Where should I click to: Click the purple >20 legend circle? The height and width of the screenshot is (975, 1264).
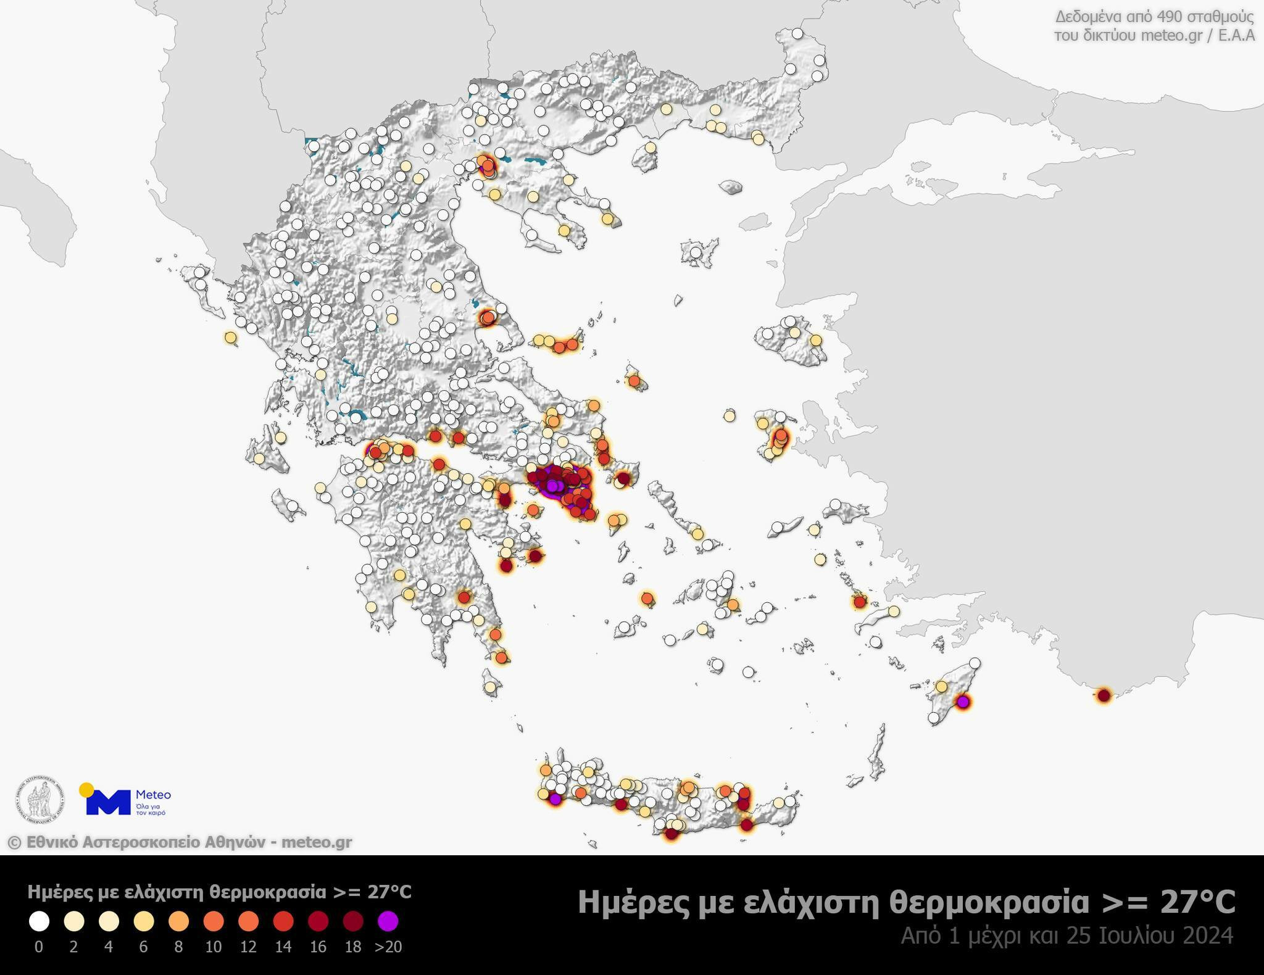coord(388,921)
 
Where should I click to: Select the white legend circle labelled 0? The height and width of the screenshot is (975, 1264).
coord(39,921)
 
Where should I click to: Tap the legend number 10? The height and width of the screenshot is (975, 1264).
coord(213,947)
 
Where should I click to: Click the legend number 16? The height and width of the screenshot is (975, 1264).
coord(318,947)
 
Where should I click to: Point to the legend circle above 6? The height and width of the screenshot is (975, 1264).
coord(143,921)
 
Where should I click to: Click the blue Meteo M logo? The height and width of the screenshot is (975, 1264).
coord(107,802)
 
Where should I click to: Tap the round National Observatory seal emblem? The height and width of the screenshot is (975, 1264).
coord(39,800)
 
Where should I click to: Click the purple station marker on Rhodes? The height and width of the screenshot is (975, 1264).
coord(962,702)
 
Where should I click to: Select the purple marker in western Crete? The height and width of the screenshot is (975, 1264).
coord(555,799)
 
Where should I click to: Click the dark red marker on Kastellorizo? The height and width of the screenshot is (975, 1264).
coord(1104,695)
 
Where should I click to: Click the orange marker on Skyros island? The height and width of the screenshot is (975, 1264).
coord(634,381)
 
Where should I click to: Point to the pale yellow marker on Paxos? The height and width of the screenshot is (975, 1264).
coord(230,337)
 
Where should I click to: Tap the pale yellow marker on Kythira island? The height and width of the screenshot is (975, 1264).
coord(490,686)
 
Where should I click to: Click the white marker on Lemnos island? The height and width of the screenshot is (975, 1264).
coord(696,252)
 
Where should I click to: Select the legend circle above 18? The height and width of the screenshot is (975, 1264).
coord(353,921)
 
